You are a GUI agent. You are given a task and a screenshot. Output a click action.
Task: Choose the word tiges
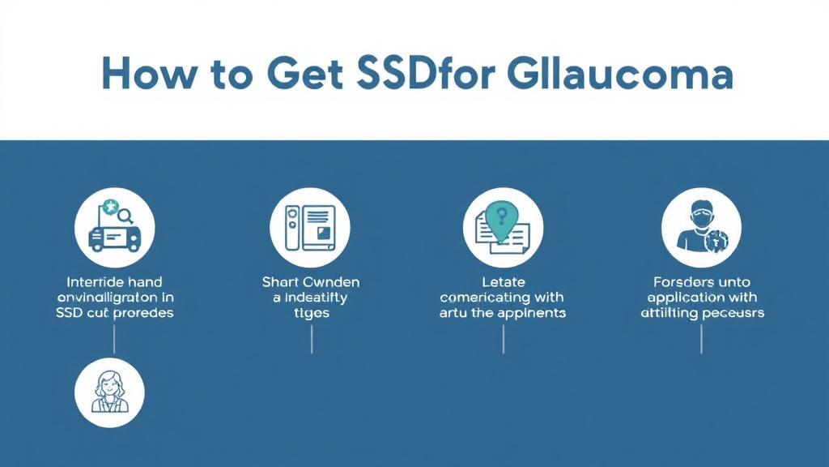pyautogui.click(x=311, y=312)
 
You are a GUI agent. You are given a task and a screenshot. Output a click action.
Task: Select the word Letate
pyautogui.click(x=503, y=282)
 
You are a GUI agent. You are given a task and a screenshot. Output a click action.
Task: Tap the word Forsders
pyautogui.click(x=682, y=282)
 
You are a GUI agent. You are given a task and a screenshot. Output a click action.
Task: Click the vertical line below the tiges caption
pyautogui.click(x=312, y=341)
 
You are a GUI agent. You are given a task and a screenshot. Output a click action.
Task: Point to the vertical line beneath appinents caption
pyautogui.click(x=503, y=341)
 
